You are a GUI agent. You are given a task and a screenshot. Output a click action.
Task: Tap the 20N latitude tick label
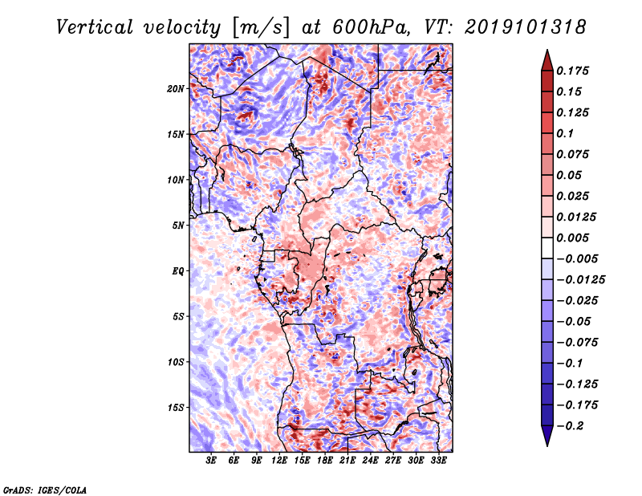tap(176, 88)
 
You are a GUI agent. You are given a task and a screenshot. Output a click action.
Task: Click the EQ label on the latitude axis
tap(178, 270)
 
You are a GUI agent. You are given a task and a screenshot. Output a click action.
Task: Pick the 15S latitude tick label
tap(176, 407)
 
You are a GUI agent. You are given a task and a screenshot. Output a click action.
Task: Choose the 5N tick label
tap(178, 225)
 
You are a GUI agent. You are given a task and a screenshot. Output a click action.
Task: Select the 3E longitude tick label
tap(212, 461)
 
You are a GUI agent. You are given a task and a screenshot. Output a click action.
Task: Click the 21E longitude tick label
tap(348, 461)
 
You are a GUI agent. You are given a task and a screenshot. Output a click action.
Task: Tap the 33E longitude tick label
tap(439, 461)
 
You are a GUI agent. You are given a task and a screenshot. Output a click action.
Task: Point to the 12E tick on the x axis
tap(280, 461)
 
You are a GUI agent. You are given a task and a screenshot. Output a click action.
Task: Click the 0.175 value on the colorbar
tap(575, 71)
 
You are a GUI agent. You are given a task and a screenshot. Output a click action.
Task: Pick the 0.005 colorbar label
tap(575, 238)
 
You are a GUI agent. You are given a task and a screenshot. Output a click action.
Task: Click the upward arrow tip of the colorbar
tap(546, 53)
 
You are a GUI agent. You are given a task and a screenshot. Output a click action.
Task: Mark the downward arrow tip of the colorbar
tap(546, 443)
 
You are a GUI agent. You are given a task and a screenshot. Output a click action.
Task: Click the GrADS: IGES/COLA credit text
tap(45, 489)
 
